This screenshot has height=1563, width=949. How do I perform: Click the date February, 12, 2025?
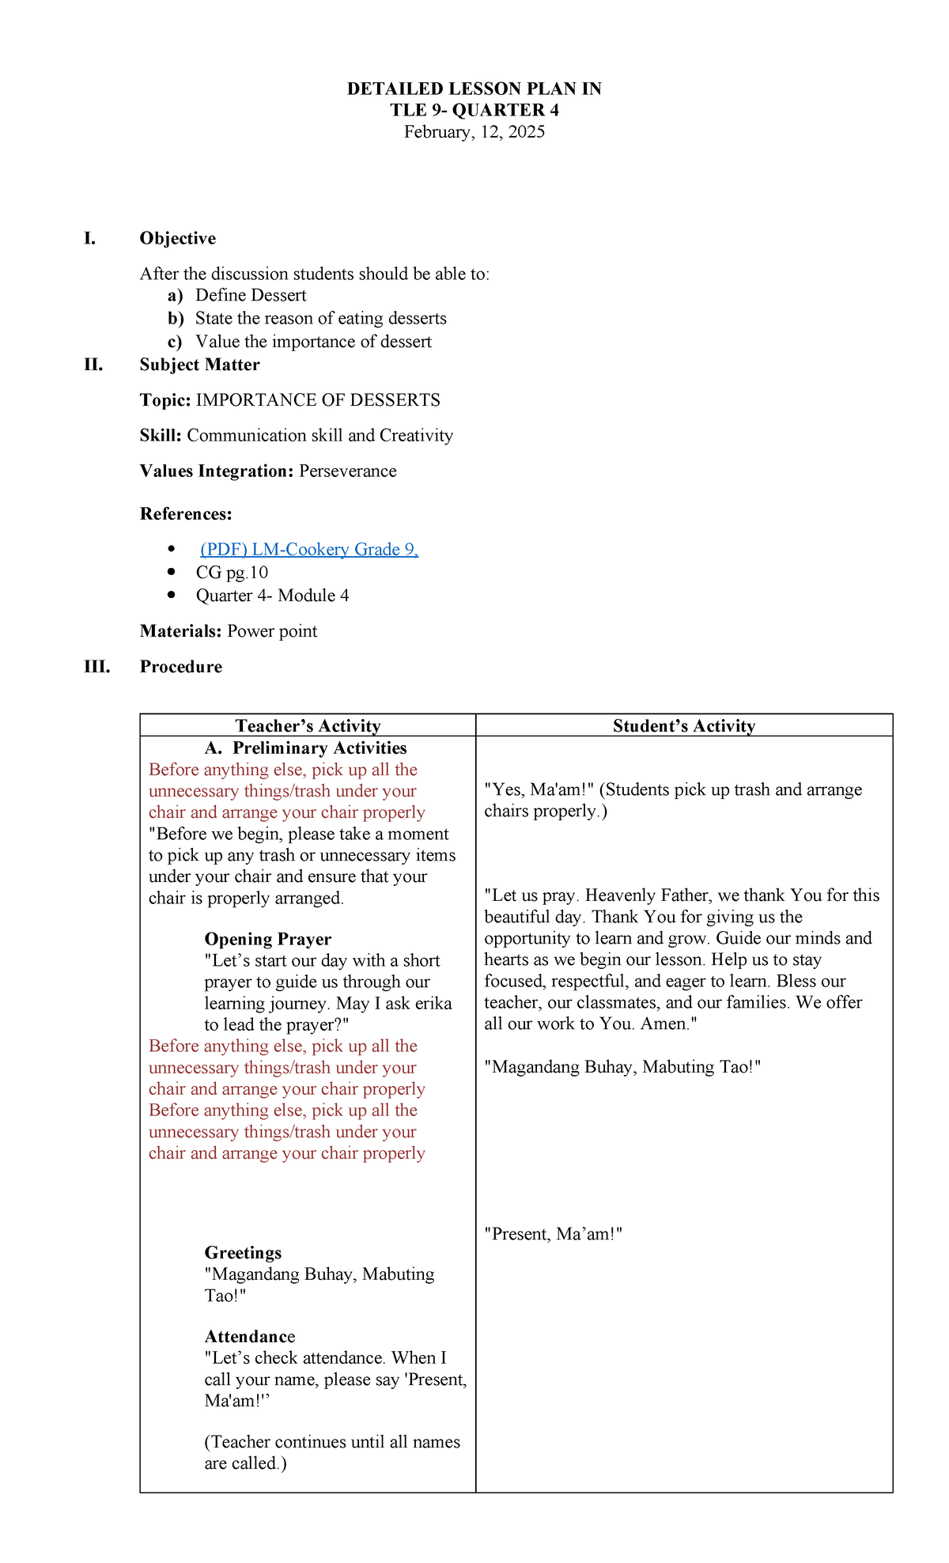[475, 132]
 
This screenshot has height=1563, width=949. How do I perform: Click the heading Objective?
[178, 238]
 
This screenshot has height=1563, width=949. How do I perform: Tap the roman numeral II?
[93, 365]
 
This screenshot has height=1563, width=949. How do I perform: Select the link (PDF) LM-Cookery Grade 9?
[308, 550]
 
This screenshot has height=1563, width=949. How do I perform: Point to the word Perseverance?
[348, 471]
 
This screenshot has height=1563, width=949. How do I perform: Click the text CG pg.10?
[232, 573]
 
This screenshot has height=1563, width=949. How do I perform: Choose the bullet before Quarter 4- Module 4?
[172, 595]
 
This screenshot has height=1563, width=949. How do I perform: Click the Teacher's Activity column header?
[308, 726]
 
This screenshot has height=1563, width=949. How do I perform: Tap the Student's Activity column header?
[684, 726]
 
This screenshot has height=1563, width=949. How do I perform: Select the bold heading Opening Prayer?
[267, 939]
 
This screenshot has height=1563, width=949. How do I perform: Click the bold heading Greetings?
[243, 1253]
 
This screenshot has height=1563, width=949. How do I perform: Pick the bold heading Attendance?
[249, 1337]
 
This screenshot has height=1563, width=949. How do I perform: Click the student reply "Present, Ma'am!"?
[554, 1234]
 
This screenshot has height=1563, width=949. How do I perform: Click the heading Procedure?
[181, 667]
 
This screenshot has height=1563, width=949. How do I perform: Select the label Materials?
[181, 631]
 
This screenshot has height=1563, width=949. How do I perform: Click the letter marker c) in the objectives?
[175, 342]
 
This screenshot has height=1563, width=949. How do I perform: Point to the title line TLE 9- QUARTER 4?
[475, 110]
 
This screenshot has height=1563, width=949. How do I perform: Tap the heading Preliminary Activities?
[319, 748]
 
